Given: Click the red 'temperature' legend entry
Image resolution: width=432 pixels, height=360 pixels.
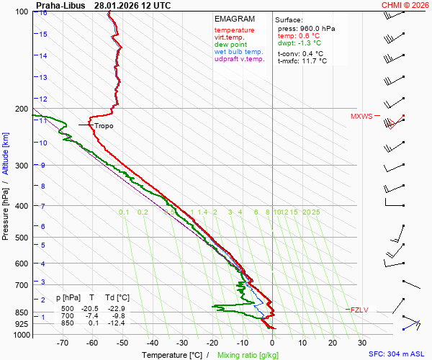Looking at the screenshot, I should (x=234, y=30).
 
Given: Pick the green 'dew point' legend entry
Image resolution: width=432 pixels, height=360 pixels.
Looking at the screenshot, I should (x=230, y=45).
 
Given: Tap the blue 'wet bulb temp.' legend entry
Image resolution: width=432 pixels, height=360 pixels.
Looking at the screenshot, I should (x=239, y=52).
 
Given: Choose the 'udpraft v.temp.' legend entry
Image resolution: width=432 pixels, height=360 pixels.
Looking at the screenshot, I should (x=240, y=59).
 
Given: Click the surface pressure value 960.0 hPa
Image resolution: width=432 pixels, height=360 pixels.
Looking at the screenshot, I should (x=318, y=28).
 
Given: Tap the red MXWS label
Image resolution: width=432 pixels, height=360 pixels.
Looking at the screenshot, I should (x=361, y=116).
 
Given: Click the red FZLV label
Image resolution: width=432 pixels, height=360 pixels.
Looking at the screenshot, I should (x=359, y=310).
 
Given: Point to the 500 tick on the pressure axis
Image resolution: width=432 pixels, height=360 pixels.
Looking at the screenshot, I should (x=23, y=238).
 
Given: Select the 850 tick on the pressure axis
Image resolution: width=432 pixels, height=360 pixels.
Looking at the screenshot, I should (x=23, y=312).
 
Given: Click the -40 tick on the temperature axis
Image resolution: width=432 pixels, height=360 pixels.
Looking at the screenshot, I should (x=152, y=342).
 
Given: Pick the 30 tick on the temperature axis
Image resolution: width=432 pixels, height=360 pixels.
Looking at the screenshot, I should (x=361, y=342).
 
